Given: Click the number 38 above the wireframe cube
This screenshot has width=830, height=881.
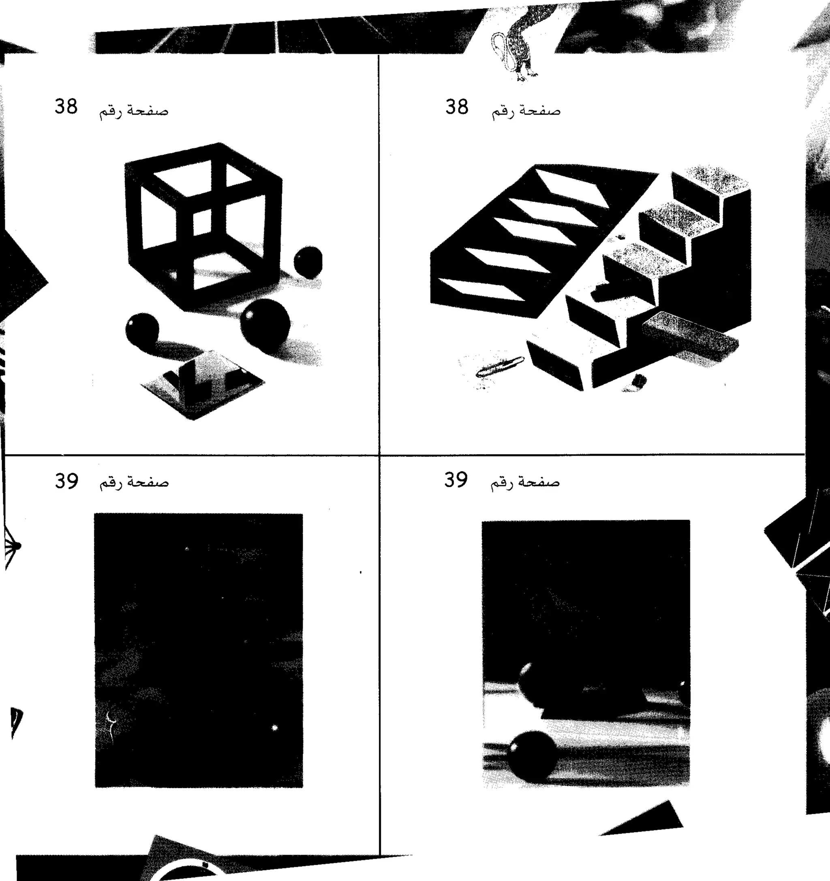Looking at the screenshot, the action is (x=66, y=107).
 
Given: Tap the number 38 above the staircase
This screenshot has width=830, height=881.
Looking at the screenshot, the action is (x=456, y=107).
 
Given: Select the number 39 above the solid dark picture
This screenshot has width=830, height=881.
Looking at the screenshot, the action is (x=66, y=480).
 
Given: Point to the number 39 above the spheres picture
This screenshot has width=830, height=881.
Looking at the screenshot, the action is (x=456, y=479).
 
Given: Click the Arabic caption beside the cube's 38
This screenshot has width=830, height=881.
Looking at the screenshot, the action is (x=133, y=111).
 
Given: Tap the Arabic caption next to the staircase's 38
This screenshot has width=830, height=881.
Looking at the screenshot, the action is (x=526, y=111).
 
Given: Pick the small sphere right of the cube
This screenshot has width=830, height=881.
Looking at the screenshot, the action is (x=308, y=261).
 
